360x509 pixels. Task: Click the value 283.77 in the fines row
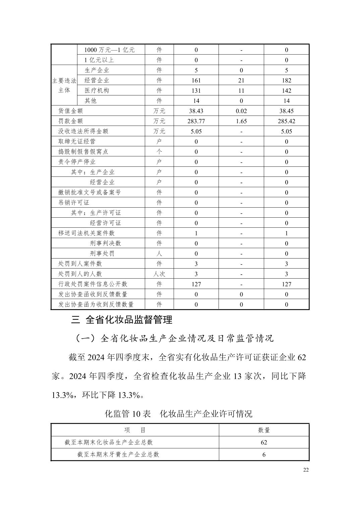click(196, 121)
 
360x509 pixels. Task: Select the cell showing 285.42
click(286, 121)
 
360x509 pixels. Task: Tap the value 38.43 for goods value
click(196, 111)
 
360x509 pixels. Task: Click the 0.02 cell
click(241, 111)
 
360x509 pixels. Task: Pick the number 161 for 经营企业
click(196, 80)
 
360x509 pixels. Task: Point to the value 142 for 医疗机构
click(286, 90)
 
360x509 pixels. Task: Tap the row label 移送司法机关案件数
click(86, 233)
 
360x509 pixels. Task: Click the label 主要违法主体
click(64, 86)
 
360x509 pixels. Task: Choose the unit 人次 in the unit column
click(159, 274)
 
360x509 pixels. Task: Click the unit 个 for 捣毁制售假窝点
click(159, 151)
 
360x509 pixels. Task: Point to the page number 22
click(306, 470)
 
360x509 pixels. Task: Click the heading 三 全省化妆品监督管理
click(122, 320)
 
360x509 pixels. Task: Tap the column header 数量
click(264, 430)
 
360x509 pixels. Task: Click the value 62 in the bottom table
click(264, 442)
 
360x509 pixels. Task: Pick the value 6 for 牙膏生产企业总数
click(264, 454)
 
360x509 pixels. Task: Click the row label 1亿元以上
click(99, 60)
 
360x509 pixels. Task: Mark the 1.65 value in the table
click(241, 121)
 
